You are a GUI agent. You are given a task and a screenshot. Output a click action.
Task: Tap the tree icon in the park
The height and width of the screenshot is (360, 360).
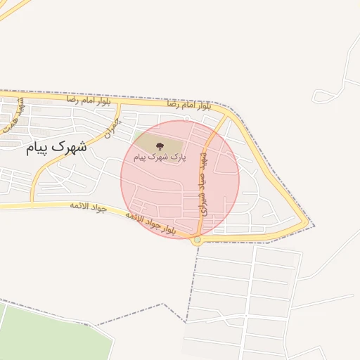pos(160,146)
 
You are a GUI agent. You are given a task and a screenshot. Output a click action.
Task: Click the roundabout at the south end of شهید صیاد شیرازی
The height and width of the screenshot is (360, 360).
pos(197,240)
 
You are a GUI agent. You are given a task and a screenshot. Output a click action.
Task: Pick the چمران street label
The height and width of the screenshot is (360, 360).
pos(110,127)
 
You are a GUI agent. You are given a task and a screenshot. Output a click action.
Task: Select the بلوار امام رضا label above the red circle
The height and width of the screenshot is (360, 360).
pos(188,105)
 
